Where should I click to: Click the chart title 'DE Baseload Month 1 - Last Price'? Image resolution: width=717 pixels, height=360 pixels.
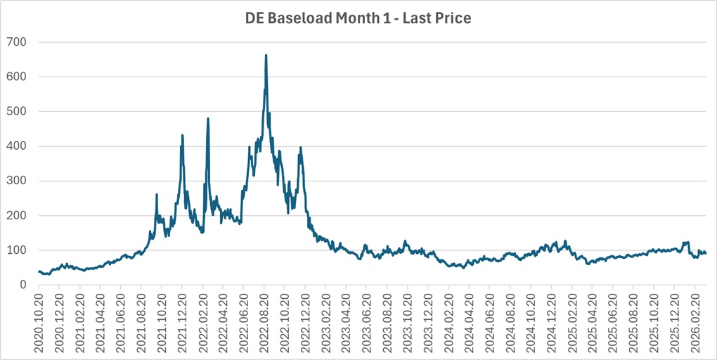pyautogui.click(x=358, y=18)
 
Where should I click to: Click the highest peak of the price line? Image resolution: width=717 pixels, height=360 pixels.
pyautogui.click(x=266, y=55)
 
